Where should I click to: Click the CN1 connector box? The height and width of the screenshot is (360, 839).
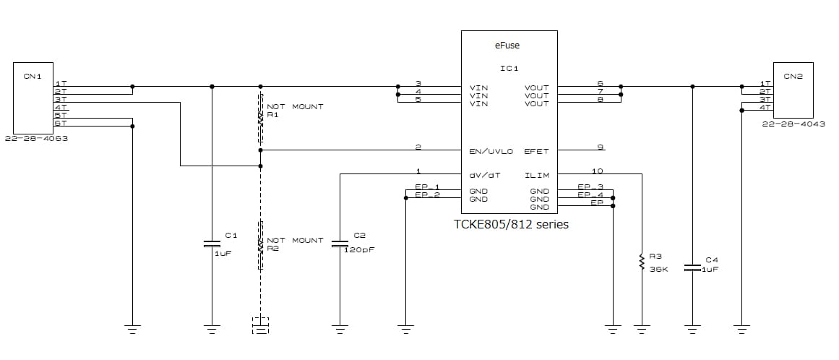(x=33, y=97)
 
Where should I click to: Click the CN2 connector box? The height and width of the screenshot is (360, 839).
(x=793, y=90)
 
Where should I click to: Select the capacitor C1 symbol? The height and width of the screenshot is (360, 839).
(x=212, y=243)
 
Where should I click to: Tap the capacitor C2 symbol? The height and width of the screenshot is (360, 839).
(x=340, y=244)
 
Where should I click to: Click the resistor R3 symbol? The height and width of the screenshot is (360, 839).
(x=641, y=262)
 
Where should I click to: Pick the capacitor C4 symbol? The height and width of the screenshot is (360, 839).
(x=692, y=267)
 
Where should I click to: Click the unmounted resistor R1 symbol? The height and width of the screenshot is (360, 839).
(x=261, y=119)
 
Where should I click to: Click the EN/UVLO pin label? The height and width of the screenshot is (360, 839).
(x=491, y=152)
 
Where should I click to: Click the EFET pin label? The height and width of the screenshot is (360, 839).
(x=537, y=152)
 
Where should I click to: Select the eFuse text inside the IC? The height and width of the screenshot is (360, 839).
(x=507, y=45)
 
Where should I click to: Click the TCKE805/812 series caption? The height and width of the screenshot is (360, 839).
(x=510, y=224)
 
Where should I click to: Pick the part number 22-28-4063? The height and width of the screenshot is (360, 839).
(x=36, y=139)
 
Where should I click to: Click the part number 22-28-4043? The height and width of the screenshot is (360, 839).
(x=793, y=124)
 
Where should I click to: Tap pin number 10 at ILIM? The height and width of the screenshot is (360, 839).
(x=597, y=171)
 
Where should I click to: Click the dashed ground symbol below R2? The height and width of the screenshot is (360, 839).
(x=261, y=325)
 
